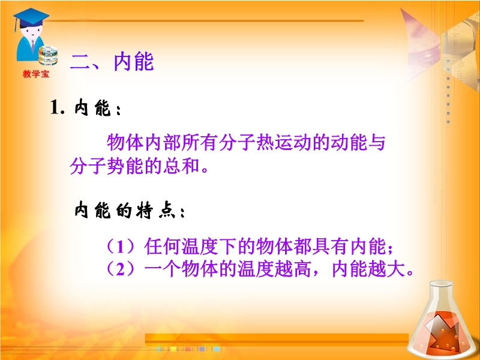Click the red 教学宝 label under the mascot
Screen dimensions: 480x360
coord(36,74)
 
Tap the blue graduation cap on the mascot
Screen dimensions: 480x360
coord(31,18)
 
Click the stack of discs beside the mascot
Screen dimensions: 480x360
coord(48,55)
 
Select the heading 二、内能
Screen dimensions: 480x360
coord(112,62)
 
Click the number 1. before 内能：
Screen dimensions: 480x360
coord(57,108)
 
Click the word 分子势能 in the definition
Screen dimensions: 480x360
coord(107,166)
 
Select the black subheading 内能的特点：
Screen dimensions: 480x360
coord(130,211)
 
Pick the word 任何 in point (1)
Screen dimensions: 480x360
coord(162,247)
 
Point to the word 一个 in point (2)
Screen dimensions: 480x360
coord(162,269)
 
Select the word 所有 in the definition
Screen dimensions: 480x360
coord(200,142)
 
